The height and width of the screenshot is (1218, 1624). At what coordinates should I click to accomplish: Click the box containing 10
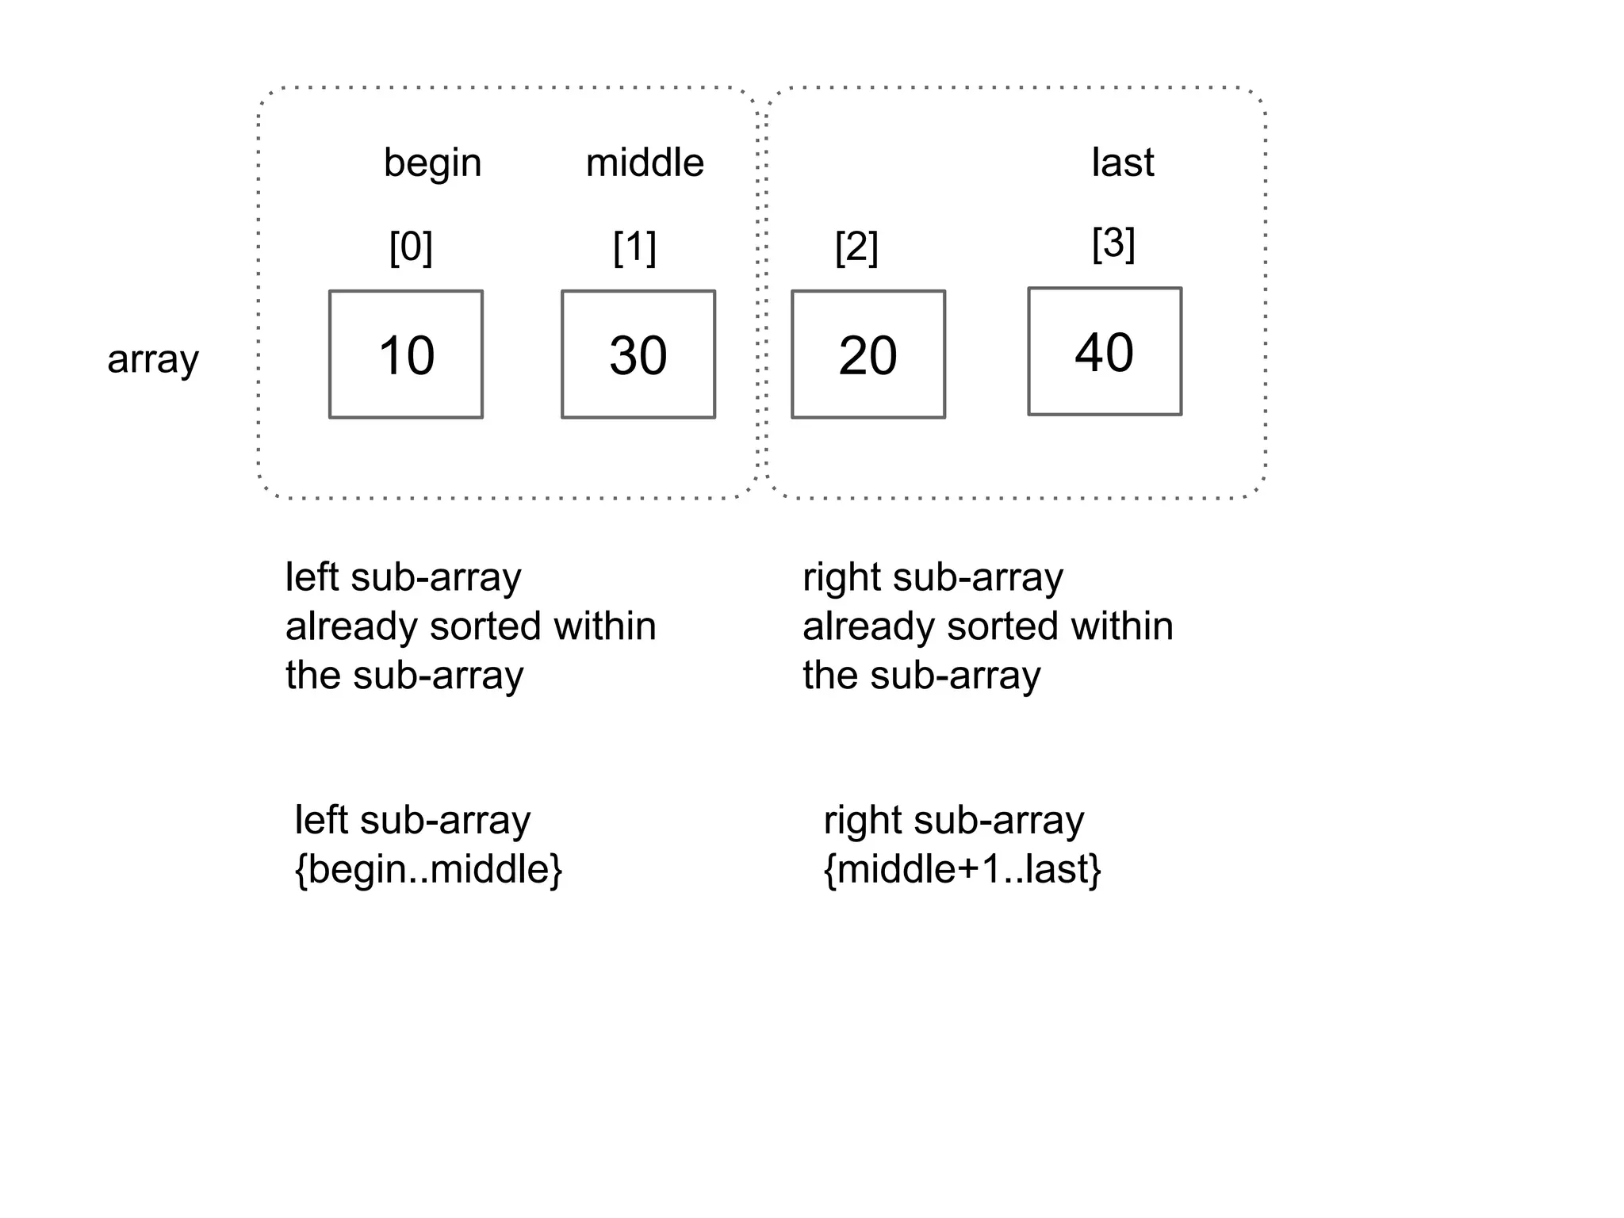pos(406,354)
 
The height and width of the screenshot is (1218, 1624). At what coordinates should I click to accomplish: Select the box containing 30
pos(638,354)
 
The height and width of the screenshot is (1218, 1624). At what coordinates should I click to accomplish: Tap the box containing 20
pos(868,354)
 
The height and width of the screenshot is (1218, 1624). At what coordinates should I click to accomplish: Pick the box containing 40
pos(1105,351)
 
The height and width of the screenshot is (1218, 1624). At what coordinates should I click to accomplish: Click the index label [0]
pos(411,247)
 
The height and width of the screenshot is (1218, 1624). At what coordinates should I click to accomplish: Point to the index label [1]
pos(634,247)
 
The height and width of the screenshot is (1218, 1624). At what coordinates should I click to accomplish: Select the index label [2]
pos(856,247)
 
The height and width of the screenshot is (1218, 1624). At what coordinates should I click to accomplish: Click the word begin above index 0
pos(432,164)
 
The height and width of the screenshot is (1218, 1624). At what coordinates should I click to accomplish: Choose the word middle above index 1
pos(645,163)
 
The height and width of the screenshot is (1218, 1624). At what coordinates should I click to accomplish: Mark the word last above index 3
pos(1122,163)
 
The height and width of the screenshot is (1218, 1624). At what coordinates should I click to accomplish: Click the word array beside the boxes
pos(153,359)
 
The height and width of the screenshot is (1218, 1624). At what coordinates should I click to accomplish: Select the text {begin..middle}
pos(428,869)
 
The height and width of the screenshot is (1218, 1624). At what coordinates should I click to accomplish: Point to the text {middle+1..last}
pos(963,869)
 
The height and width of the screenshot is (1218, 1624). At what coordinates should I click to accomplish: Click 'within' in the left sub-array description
pos(605,626)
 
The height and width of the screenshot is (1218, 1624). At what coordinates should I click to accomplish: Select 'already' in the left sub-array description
pos(351,627)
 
